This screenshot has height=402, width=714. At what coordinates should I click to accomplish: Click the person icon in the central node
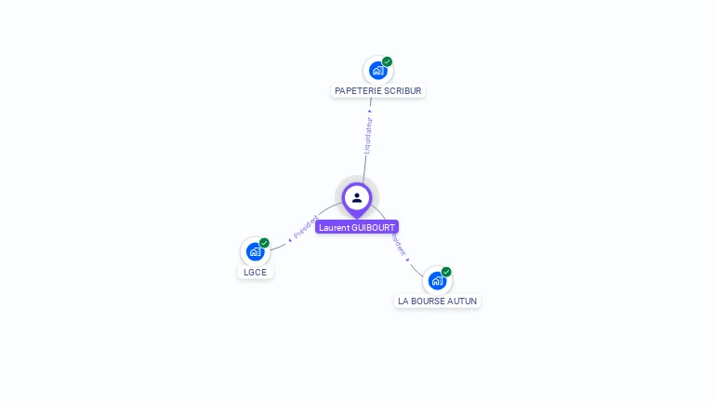click(357, 197)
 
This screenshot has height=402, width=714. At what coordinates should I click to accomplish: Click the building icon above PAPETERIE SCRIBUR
click(377, 70)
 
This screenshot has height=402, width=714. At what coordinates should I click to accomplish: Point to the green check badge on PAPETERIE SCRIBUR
click(388, 61)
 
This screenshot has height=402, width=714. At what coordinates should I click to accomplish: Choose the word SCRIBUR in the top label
click(403, 91)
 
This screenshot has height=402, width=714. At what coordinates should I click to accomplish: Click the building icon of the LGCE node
click(255, 251)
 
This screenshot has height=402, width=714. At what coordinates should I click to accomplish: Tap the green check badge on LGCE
click(264, 243)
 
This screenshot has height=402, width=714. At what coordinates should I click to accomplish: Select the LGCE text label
click(255, 273)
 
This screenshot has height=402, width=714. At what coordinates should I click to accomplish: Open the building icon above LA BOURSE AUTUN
click(437, 280)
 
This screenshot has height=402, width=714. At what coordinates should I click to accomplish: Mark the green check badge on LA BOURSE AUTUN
click(446, 272)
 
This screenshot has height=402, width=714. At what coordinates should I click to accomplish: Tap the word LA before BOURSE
click(403, 301)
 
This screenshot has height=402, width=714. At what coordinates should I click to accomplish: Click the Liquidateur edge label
click(368, 135)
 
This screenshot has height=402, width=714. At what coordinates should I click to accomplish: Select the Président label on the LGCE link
click(305, 227)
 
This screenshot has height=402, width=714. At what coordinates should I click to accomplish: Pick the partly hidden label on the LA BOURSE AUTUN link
click(400, 246)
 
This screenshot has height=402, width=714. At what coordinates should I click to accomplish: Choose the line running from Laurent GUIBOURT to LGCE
click(279, 245)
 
